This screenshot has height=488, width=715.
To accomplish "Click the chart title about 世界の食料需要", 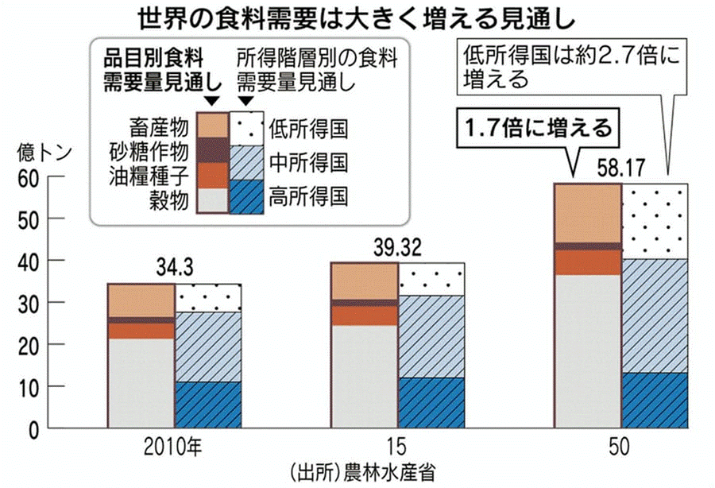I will [x=357, y=17].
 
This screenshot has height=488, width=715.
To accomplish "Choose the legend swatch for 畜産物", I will [x=212, y=126].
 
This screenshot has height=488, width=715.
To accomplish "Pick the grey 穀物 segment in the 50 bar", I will [x=588, y=351].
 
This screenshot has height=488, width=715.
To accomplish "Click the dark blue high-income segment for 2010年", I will [x=207, y=405].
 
